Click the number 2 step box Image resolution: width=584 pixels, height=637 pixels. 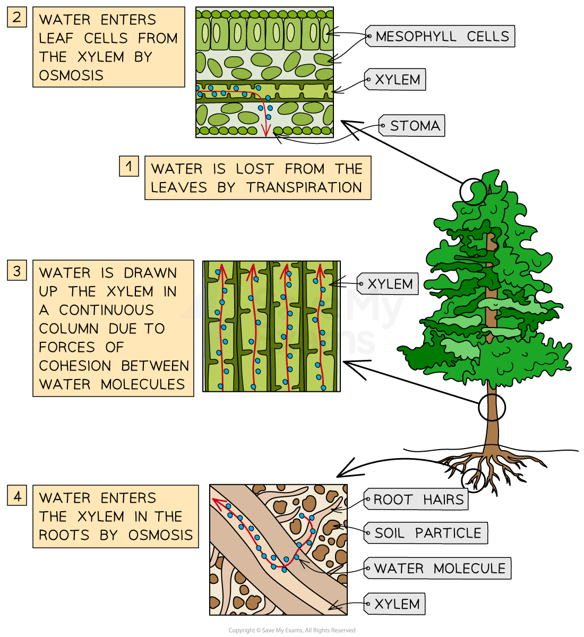tap(17, 17)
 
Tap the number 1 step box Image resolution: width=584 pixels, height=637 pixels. tap(128, 166)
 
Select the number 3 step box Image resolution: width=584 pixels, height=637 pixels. tap(17, 270)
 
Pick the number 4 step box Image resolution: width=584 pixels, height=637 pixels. tap(17, 495)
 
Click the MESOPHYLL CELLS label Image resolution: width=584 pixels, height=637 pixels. tap(440, 36)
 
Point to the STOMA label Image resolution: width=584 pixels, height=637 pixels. tap(412, 126)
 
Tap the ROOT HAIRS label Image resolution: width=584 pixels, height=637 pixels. tap(416, 499)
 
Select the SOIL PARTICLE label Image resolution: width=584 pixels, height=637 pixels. tap(426, 533)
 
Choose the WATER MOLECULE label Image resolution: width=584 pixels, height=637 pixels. tap(437, 568)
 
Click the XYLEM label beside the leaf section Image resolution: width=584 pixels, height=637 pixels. tap(395, 80)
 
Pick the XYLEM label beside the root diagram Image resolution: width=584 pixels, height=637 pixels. tap(394, 604)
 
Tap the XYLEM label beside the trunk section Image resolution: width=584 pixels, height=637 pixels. tap(388, 283)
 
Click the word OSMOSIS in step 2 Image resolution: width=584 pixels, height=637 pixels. tap(71, 75)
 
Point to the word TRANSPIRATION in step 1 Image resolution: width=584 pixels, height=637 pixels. tap(304, 187)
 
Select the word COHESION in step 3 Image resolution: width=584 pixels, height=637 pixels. tap(75, 366)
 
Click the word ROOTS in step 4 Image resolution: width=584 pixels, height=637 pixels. tap(64, 535)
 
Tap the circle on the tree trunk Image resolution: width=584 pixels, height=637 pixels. tap(492, 407)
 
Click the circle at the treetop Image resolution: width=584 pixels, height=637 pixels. tap(473, 192)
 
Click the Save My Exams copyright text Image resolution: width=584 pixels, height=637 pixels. tap(291, 630)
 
